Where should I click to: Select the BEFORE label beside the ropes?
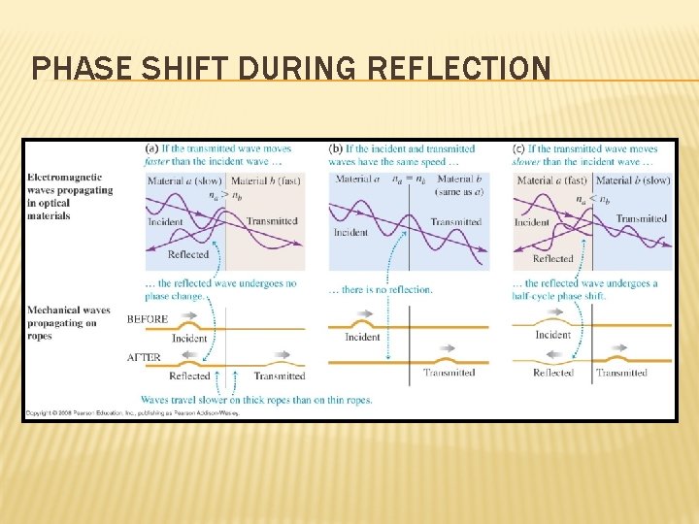coord(148,318)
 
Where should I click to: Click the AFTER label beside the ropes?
coord(144,357)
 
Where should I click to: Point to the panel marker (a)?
coord(151,148)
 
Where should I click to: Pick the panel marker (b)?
coord(336,148)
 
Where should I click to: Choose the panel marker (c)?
coord(519,148)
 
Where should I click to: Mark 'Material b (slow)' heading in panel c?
coord(632,180)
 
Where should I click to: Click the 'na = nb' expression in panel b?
coord(408,180)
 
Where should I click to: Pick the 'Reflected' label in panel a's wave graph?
coord(188,254)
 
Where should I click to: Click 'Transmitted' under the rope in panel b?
coord(449,373)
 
